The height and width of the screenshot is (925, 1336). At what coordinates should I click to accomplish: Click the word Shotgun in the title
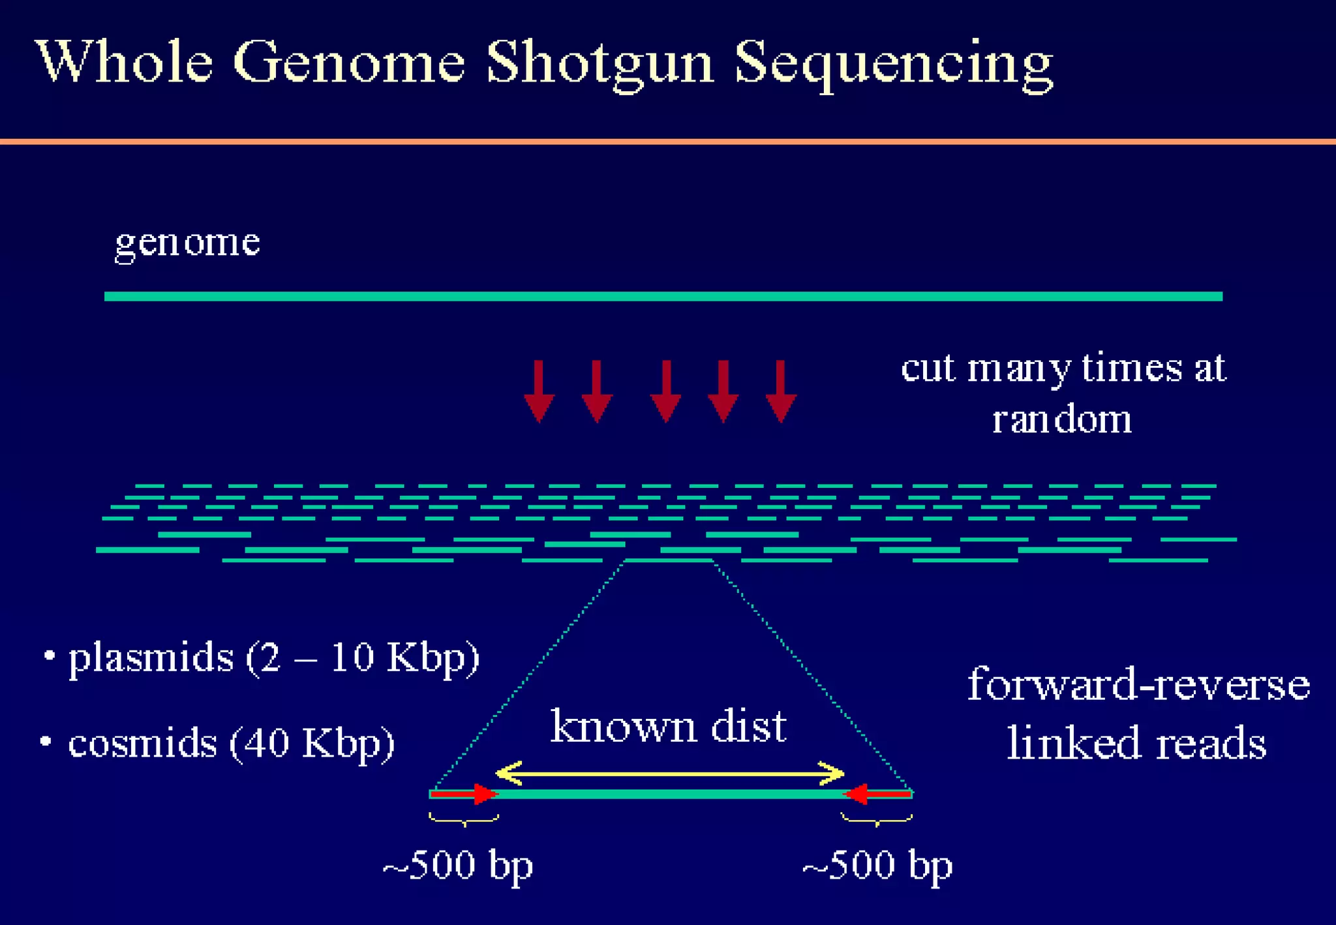600,63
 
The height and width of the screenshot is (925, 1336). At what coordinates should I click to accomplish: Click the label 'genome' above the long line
187,243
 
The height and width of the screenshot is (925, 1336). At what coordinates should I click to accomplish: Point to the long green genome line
663,296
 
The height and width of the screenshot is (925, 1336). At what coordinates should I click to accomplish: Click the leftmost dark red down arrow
539,391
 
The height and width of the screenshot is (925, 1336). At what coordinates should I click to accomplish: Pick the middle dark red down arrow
665,391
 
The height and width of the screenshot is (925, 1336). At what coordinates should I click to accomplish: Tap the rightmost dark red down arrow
781,391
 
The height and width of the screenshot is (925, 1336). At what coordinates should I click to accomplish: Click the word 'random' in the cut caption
1061,419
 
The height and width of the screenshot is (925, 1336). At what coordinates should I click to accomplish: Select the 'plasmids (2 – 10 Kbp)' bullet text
274,658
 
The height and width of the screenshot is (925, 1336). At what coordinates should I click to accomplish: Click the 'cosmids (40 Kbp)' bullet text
231,743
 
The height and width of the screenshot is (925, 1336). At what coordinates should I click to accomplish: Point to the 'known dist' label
669,726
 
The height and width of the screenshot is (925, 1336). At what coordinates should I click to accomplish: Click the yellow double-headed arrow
669,774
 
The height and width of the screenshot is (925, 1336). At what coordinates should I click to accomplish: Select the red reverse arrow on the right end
877,794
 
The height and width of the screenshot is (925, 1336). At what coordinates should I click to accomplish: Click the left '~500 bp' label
458,866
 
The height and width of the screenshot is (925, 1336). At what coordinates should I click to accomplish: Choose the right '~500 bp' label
877,866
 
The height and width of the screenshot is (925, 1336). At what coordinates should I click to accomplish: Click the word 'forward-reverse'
1138,685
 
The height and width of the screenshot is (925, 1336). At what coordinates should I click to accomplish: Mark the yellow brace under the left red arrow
464,820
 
